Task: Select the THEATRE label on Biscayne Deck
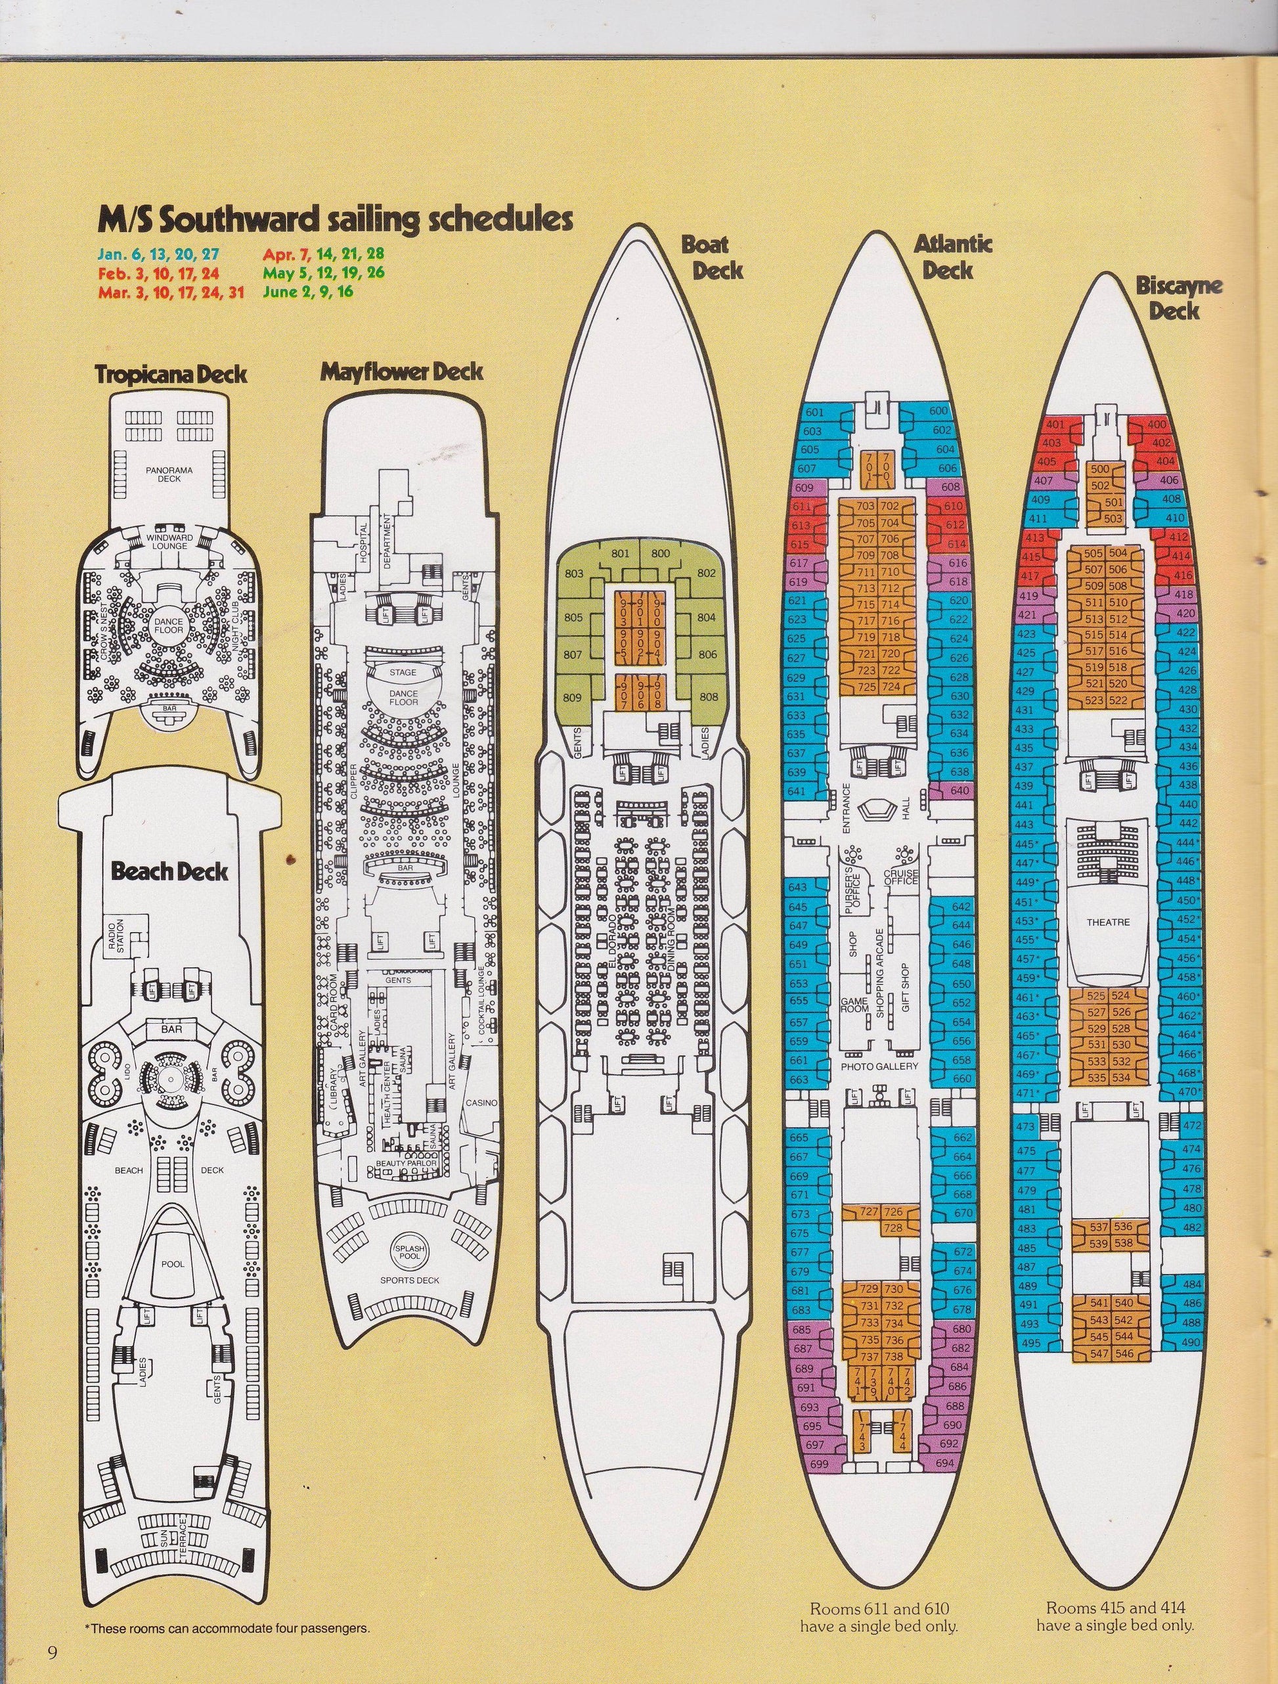click(1107, 922)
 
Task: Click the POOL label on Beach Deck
click(173, 1263)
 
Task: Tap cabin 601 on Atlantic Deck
click(814, 412)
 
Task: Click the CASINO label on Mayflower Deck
click(483, 1103)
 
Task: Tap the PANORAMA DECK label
click(169, 474)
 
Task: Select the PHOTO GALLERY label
click(879, 1066)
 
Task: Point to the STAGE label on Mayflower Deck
click(403, 673)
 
